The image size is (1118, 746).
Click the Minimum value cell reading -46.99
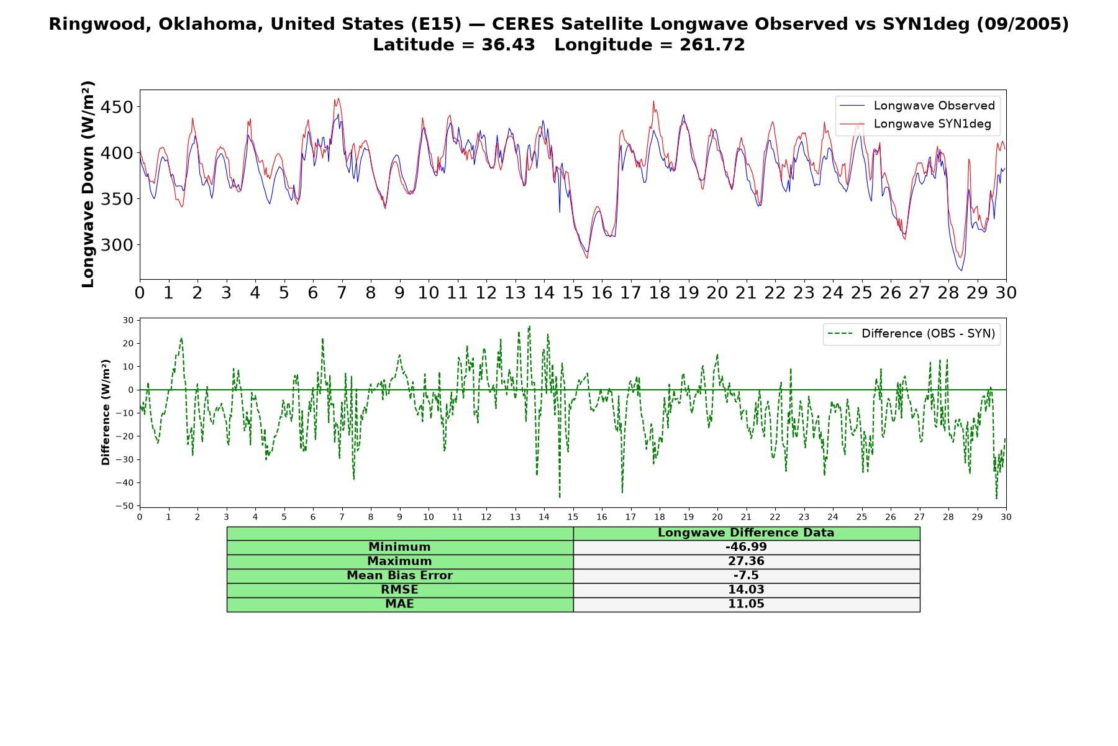coord(746,547)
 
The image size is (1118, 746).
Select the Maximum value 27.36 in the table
coord(746,561)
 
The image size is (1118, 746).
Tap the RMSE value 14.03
coord(746,590)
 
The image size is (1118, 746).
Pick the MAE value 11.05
coord(746,604)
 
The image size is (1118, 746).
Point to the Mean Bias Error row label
coord(399,576)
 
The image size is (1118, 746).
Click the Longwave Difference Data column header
coord(746,533)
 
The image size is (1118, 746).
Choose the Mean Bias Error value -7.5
coord(746,576)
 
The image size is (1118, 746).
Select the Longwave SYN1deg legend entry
coord(916,124)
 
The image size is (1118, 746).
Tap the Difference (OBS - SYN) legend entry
coord(911,334)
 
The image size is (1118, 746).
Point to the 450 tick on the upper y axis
coord(117,107)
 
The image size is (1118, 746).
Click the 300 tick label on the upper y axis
coord(117,245)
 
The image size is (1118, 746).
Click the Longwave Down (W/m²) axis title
coord(88,184)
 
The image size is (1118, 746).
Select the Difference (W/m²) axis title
coord(106,412)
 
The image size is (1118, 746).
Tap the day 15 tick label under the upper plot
coord(573,293)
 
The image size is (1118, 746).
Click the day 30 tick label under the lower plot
coord(1006,517)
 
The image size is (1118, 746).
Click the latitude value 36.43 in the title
coord(508,45)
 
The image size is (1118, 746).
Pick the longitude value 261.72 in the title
coord(712,45)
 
